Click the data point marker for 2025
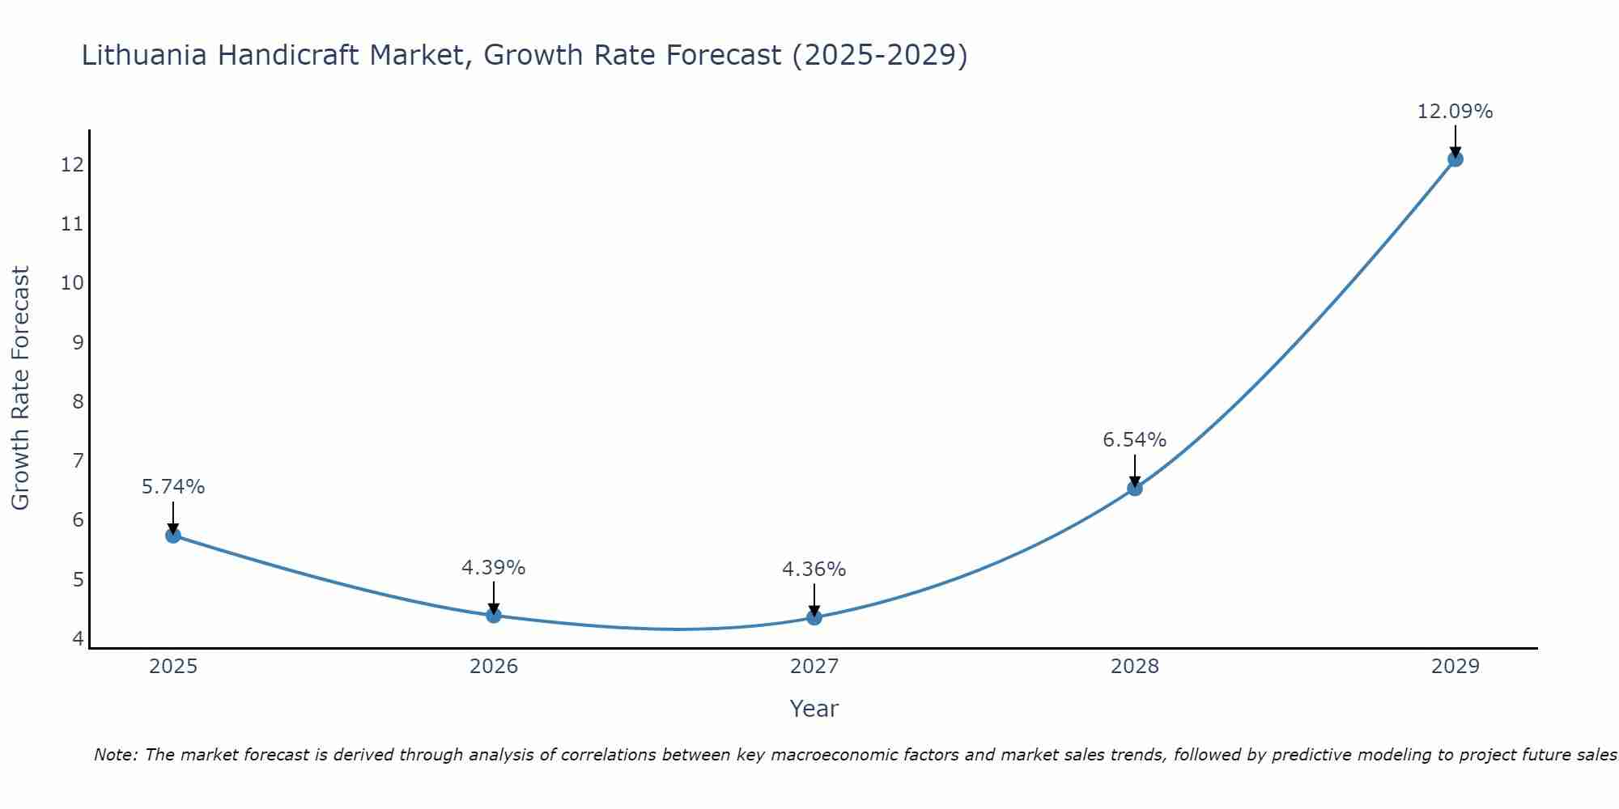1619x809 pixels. (x=173, y=535)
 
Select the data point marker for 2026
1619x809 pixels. (x=494, y=615)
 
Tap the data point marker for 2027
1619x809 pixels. (x=814, y=617)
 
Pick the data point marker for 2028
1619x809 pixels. (x=1135, y=488)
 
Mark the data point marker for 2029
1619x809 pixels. (x=1455, y=159)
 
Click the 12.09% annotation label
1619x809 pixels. (x=1455, y=112)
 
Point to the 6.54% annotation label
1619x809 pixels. (x=1134, y=440)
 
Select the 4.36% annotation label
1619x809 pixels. (x=814, y=570)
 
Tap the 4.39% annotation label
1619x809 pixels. (x=493, y=568)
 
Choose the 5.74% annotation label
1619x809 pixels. (x=173, y=487)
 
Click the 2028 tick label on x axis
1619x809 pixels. (x=1135, y=667)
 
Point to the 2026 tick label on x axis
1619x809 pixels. (x=494, y=667)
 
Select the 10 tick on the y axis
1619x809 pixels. (x=72, y=283)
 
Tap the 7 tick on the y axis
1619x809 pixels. (x=78, y=461)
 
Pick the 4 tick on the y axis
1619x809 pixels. (x=78, y=638)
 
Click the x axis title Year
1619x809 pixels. (x=814, y=709)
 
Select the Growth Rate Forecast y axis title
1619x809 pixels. (x=20, y=388)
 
